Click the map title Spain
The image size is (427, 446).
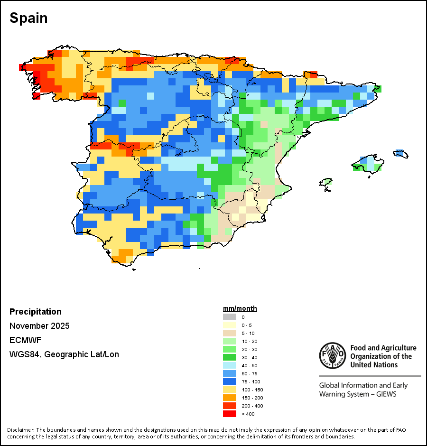click(x=28, y=19)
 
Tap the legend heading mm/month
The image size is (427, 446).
click(x=240, y=308)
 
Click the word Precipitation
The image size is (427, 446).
click(x=36, y=312)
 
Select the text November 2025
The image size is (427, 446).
click(x=39, y=326)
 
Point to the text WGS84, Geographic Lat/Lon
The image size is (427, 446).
click(x=64, y=354)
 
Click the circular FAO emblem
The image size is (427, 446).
click(x=333, y=355)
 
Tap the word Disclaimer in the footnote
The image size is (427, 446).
click(x=21, y=430)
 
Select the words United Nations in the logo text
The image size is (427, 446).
click(x=374, y=364)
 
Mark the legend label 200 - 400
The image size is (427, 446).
click(x=252, y=406)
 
